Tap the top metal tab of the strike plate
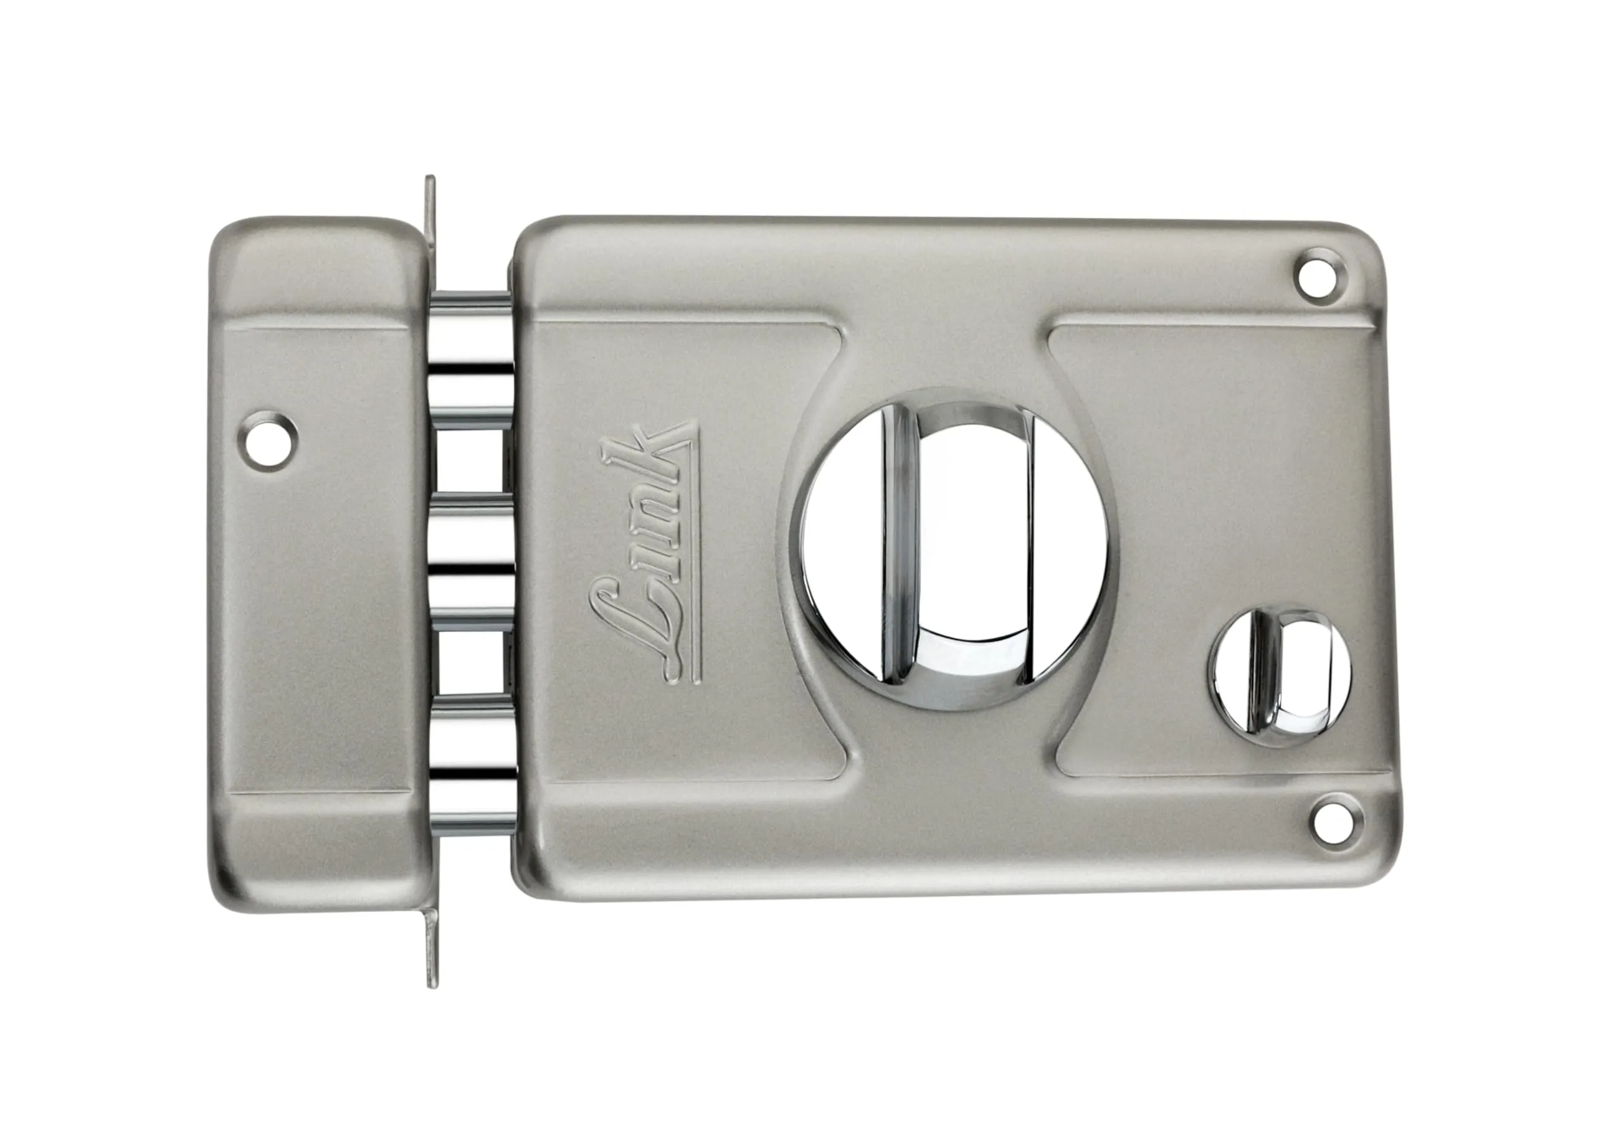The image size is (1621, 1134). tap(430, 205)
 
